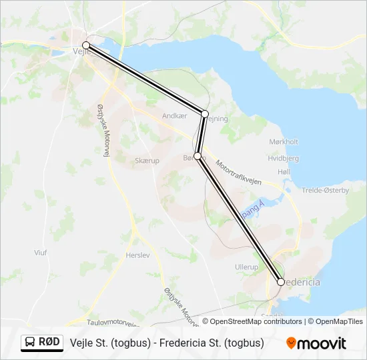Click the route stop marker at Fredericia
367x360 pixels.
tap(281, 282)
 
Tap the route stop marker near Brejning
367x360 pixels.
tap(205, 114)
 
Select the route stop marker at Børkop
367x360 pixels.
tap(197, 156)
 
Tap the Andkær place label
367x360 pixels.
tap(174, 115)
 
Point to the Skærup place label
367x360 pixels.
tap(146, 161)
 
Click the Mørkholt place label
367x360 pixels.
tap(284, 141)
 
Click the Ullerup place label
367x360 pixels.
tap(246, 267)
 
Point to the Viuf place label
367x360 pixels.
tap(40, 252)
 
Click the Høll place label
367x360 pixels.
tap(284, 171)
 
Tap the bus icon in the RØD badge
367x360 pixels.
tap(31, 343)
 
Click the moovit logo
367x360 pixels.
tap(316, 343)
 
